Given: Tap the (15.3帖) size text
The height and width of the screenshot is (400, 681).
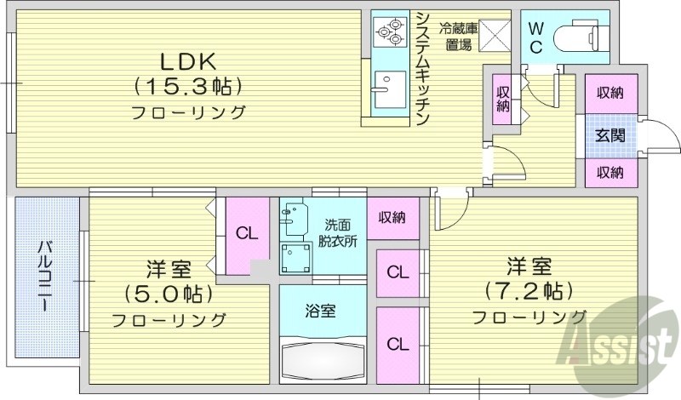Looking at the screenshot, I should (x=188, y=86).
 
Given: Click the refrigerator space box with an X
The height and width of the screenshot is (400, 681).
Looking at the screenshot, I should (x=494, y=36).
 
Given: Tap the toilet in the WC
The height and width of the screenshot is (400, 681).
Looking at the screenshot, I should (x=579, y=36).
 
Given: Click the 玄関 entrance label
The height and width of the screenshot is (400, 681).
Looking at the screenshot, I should (x=609, y=134).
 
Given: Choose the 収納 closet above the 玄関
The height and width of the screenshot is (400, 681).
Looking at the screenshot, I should (x=609, y=93).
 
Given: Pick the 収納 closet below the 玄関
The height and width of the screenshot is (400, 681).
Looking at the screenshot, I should (x=609, y=173).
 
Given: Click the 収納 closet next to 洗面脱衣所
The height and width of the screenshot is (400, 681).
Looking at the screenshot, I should (x=392, y=218).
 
